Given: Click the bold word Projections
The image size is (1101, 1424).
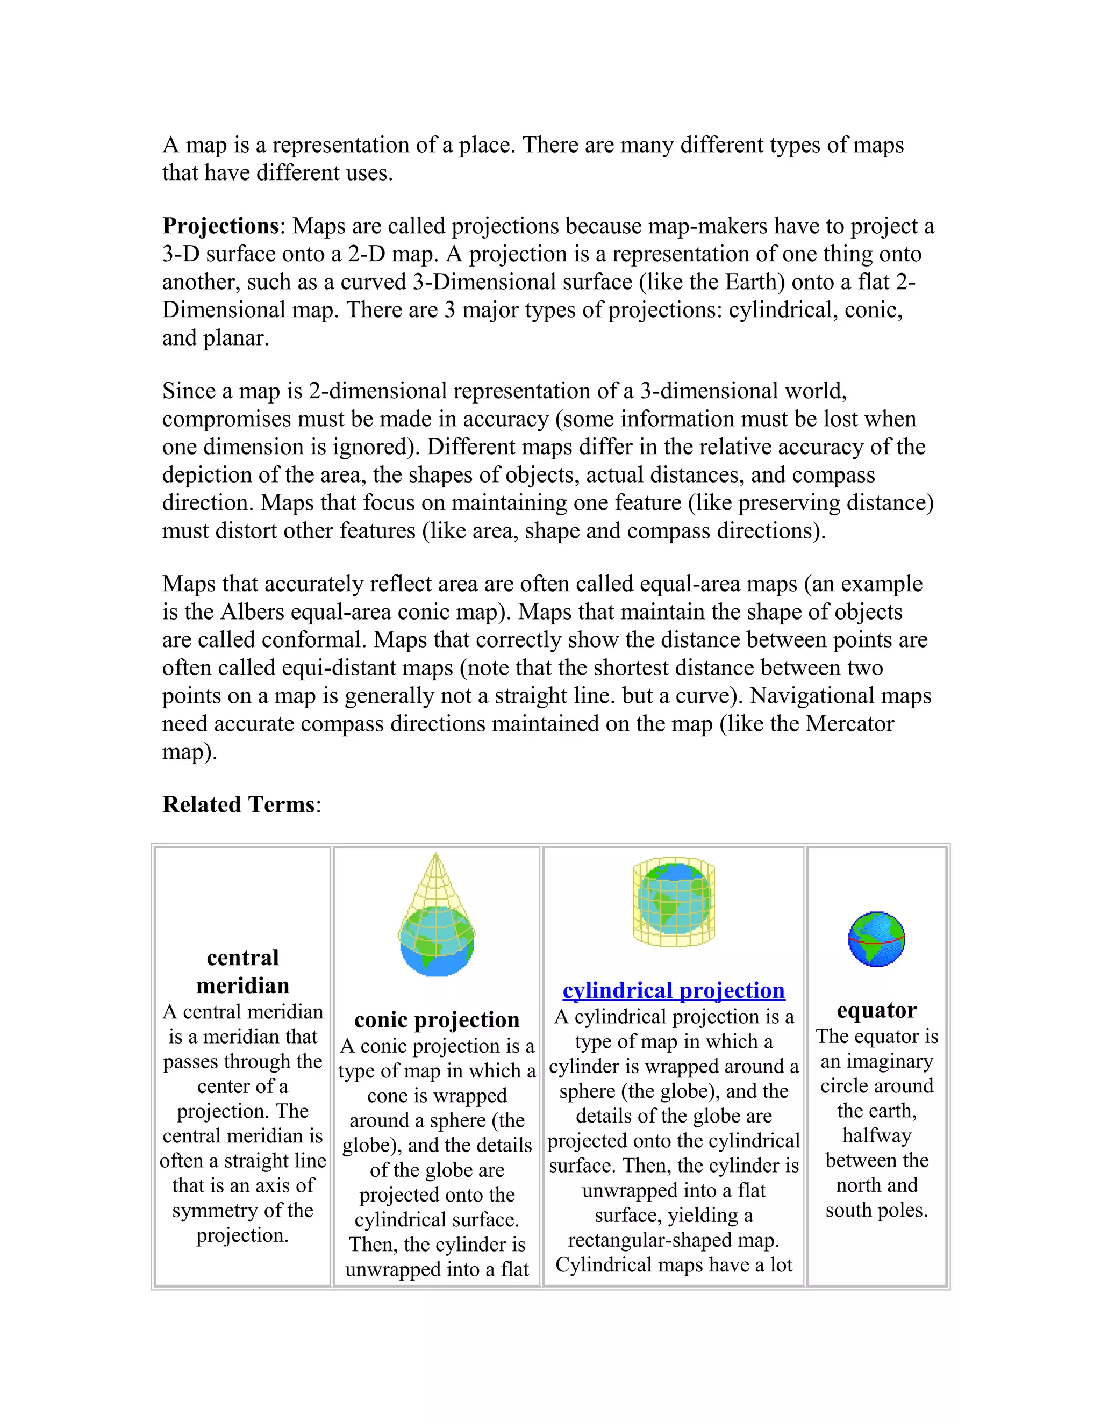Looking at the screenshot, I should point(220,226).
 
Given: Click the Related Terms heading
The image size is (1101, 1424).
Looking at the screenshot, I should point(239,804).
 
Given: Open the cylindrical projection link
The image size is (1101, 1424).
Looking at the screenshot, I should point(673,990).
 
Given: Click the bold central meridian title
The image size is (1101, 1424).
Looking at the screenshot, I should point(242,972).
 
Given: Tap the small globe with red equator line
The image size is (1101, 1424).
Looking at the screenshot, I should point(877,939).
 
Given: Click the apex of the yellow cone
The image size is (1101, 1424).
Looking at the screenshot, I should point(435,855).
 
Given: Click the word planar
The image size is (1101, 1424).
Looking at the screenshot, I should point(235,338).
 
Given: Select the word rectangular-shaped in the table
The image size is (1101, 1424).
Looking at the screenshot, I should point(673,1240).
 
